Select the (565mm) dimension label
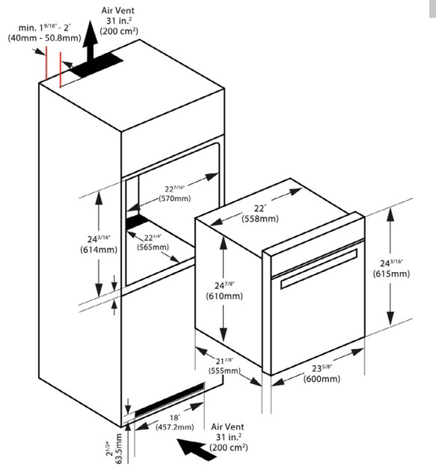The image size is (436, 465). [x=154, y=247]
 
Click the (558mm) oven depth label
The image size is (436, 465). [x=260, y=219]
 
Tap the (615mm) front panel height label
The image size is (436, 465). [x=391, y=274]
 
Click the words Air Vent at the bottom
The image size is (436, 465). [x=228, y=427]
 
